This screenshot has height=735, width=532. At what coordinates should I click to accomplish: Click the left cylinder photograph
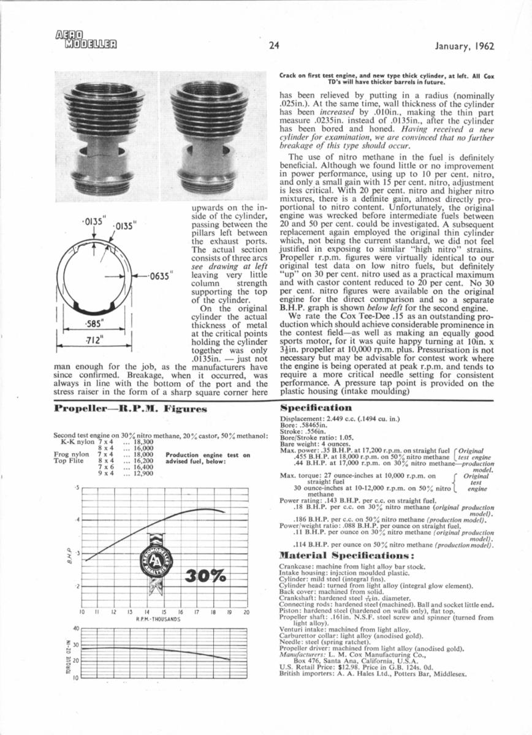[x=106, y=137]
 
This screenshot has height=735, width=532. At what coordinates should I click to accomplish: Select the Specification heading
[x=316, y=407]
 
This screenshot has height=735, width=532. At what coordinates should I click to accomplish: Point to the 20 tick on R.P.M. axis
[x=246, y=612]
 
